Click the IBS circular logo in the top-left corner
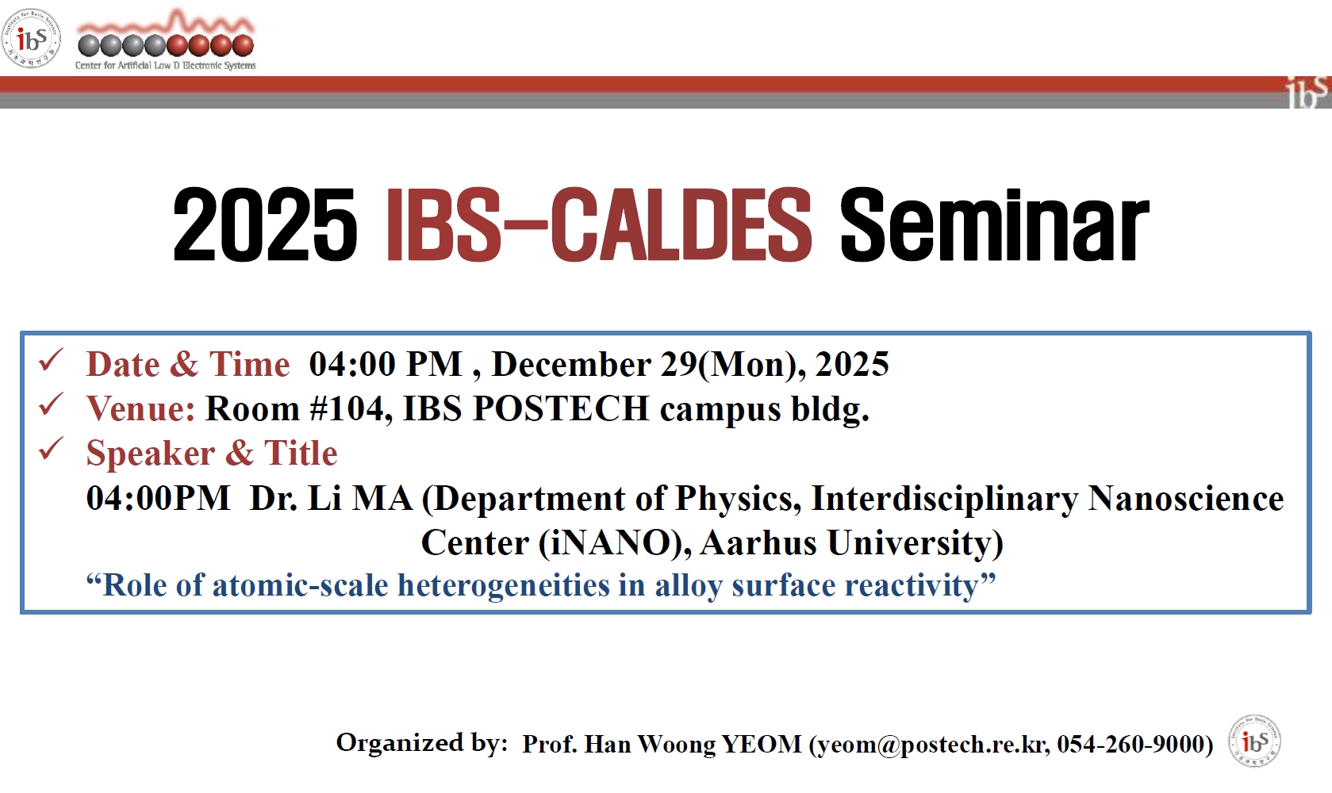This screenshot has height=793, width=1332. pos(31,38)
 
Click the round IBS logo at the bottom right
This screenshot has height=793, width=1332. pos(1255,741)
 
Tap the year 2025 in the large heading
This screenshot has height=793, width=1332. pos(265,224)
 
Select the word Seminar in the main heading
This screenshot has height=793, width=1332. pos(994,224)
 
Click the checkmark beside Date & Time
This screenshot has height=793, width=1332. pos(51,360)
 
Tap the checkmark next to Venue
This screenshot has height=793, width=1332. pos(51,404)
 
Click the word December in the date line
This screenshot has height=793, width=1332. pos(571,364)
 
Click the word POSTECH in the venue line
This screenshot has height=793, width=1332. pos(561,408)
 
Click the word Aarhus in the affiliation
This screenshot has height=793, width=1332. pos(758,542)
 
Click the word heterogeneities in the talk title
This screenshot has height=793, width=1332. pos(504,585)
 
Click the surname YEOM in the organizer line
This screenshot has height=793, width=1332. pos(762,744)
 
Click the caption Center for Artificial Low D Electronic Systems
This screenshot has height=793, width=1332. pos(165,65)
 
